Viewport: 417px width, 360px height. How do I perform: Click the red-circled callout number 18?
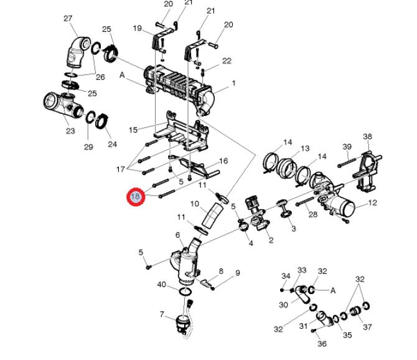pos(136,197)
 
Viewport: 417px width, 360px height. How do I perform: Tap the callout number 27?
pos(68,18)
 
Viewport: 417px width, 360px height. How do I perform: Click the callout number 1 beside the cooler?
pos(233,83)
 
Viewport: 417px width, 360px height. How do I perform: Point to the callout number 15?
pos(133,130)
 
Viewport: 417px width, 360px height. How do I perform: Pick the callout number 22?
pos(227,60)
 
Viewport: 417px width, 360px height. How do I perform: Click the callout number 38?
pos(367,136)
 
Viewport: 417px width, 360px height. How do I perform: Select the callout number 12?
pos(373,203)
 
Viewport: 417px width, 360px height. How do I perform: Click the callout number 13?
pos(305,148)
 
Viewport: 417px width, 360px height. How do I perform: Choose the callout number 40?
pos(162,285)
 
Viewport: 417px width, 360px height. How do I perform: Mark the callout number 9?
pos(237,273)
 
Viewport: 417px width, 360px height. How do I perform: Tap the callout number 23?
pos(70,131)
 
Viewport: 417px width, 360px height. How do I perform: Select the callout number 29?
pos(88,146)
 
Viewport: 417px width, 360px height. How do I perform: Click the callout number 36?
pos(322,344)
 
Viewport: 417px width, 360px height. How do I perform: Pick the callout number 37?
pos(367,327)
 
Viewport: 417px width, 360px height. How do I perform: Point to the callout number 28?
pos(313,214)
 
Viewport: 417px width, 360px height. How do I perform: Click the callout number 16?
pos(223,161)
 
